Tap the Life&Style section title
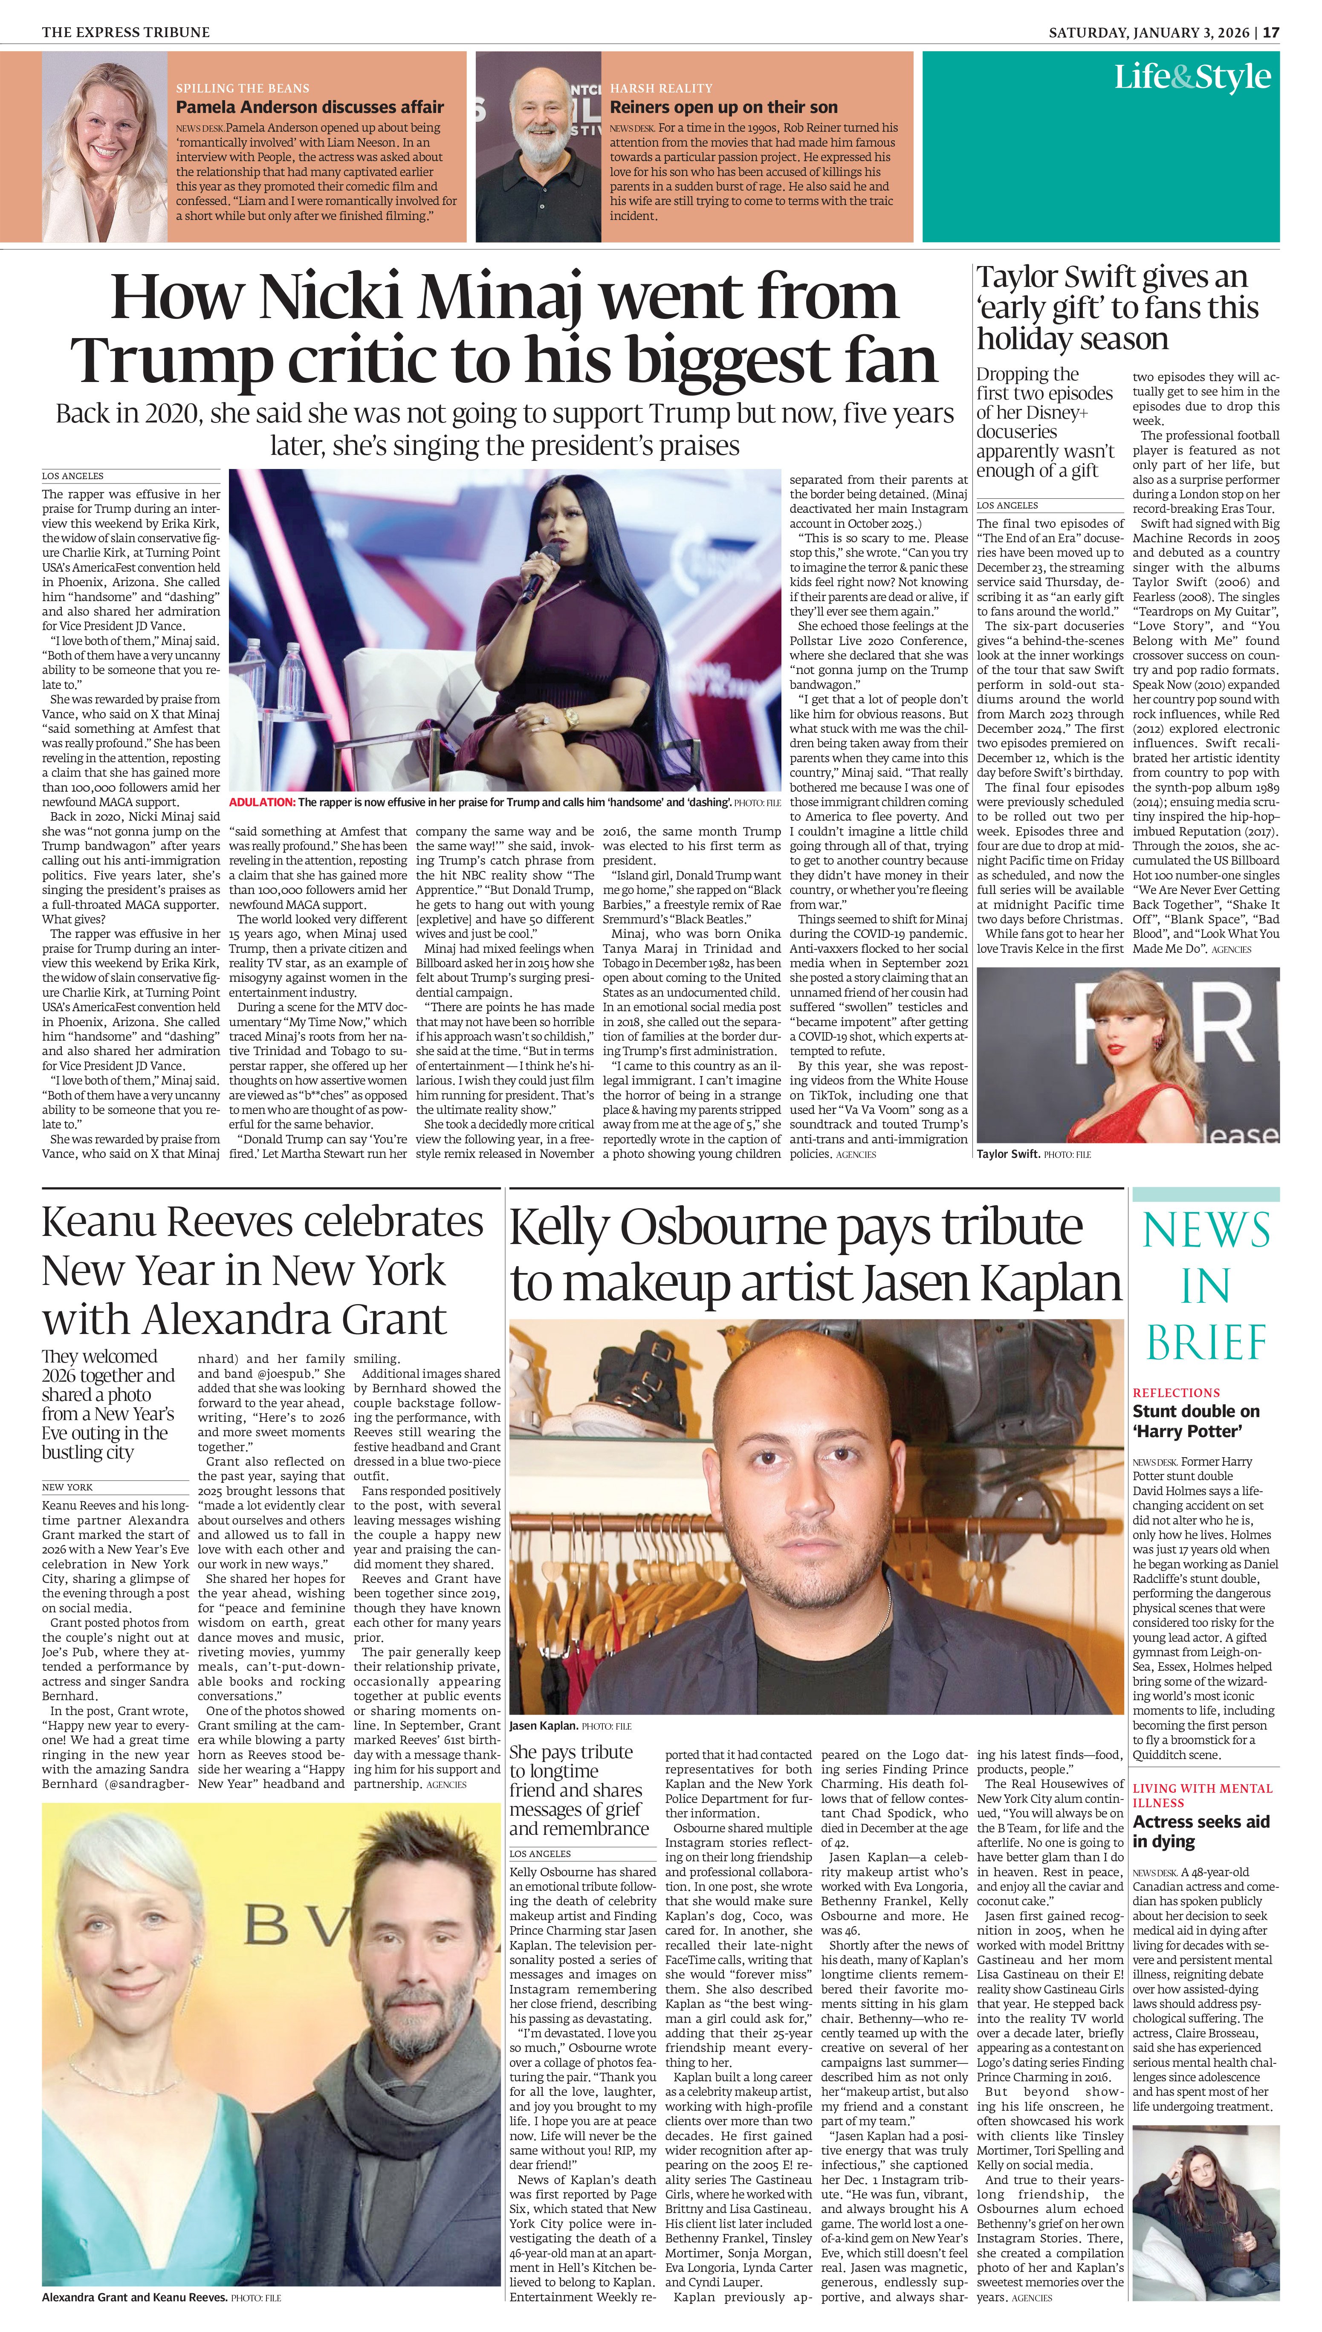click(1192, 77)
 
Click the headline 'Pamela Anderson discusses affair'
click(310, 107)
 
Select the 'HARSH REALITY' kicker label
click(661, 88)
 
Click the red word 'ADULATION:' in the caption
click(261, 802)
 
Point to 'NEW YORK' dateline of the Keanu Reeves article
click(67, 1487)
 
